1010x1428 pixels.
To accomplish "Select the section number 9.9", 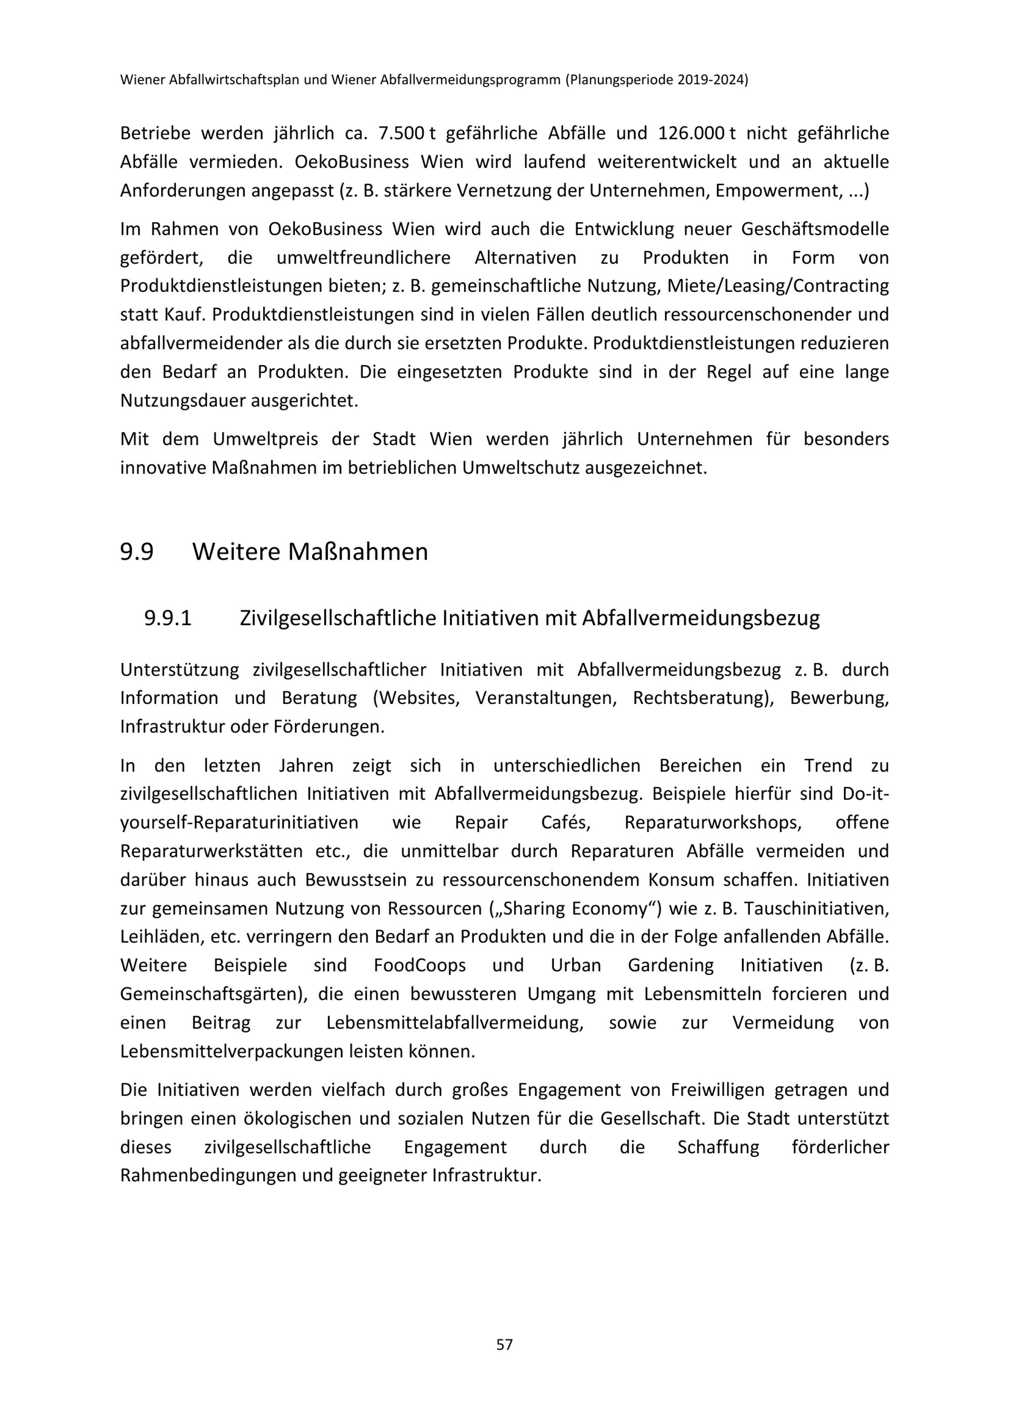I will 137,552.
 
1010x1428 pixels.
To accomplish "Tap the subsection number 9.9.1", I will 168,618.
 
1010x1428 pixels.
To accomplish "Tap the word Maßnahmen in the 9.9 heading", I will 358,552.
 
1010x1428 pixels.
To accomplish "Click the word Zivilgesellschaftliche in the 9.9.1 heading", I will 336,618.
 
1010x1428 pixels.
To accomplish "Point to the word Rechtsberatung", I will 699,698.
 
